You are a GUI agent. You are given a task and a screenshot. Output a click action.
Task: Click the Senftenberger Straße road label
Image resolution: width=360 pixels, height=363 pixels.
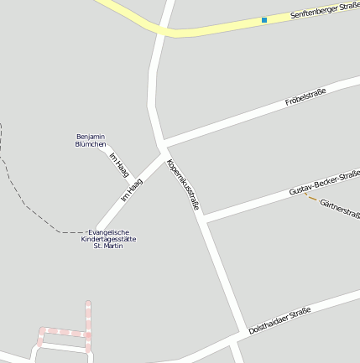point(323,12)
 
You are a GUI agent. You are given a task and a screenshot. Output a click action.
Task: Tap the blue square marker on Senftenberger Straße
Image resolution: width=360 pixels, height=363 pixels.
point(264,20)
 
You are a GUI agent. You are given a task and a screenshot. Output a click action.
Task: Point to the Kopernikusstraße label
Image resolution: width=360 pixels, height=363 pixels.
point(184,184)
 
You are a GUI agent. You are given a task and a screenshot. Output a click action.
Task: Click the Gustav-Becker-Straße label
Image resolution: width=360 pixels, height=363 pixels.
point(324,183)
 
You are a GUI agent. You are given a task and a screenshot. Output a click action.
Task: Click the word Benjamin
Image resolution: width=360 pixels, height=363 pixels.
point(91,137)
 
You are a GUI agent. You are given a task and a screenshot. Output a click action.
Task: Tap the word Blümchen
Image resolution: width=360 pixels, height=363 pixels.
point(91,144)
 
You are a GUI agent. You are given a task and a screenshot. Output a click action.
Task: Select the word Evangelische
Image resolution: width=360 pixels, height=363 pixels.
point(108,232)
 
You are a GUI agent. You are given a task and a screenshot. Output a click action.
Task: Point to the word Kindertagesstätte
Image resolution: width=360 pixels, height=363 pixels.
point(108,239)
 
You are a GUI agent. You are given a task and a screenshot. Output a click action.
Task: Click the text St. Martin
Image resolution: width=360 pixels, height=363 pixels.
point(108,246)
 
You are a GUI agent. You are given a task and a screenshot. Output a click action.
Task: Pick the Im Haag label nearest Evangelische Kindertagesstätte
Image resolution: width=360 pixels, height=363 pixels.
point(132,189)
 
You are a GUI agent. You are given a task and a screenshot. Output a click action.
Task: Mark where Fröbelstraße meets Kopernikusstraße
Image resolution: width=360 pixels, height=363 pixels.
point(161,143)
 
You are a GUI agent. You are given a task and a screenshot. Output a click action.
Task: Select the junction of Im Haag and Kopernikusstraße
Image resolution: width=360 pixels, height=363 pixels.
point(164,154)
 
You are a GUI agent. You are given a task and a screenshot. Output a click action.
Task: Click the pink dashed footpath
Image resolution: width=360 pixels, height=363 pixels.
point(87,323)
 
